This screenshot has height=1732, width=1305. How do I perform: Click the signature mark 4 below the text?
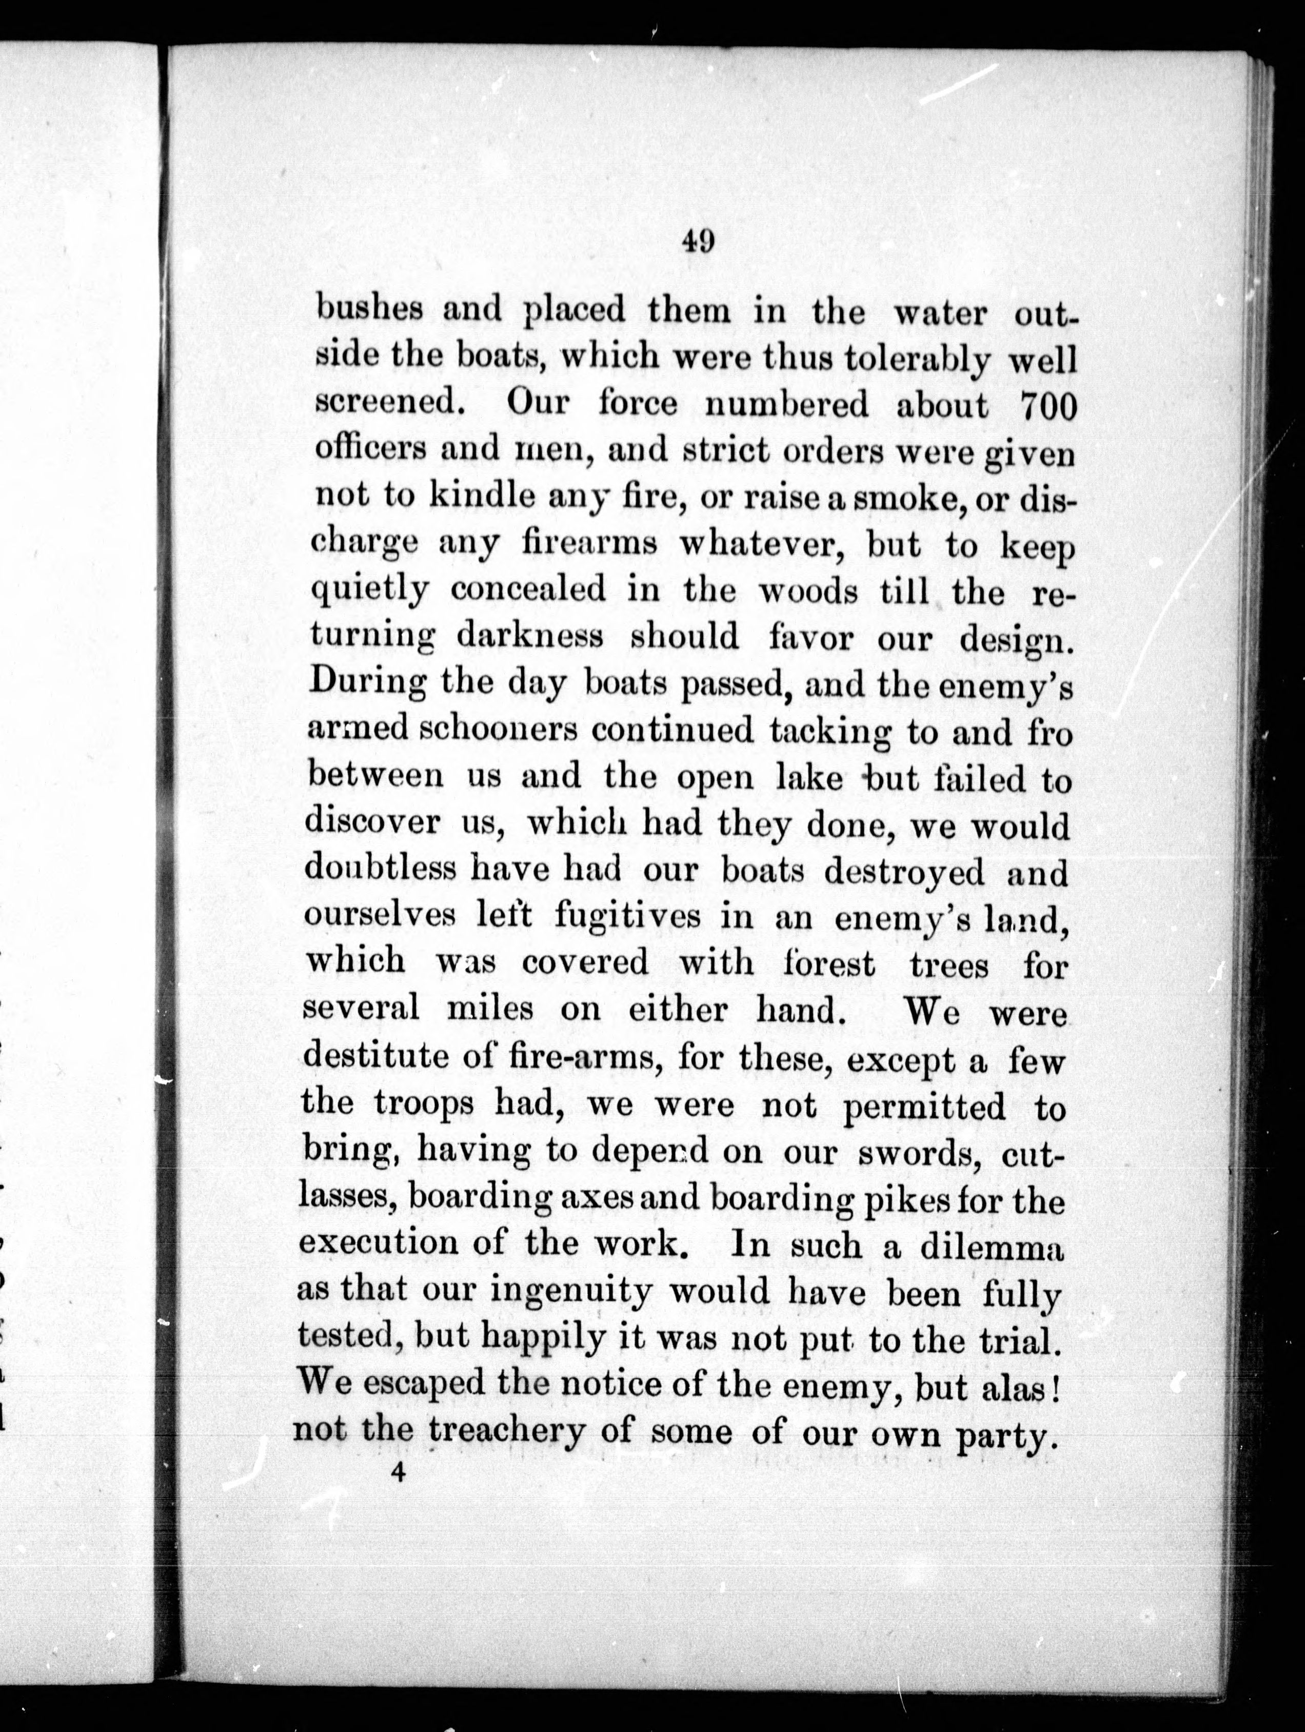click(x=399, y=1473)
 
